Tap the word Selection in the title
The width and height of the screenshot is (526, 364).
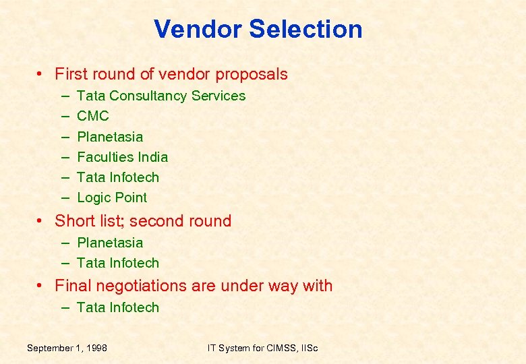coord(306,29)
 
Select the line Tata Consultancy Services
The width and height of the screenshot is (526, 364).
coord(161,96)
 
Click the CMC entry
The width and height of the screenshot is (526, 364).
coord(93,116)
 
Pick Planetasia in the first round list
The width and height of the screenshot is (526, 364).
coord(110,137)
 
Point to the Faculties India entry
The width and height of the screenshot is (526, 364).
coord(122,157)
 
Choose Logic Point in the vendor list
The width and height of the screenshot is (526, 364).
coord(112,198)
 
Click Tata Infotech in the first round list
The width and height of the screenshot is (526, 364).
coord(118,177)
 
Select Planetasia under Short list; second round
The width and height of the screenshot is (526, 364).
coord(110,243)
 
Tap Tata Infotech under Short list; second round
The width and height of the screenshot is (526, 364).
coord(118,263)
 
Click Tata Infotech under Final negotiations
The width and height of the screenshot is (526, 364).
coord(118,307)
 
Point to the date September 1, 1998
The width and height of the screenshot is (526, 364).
coord(67,348)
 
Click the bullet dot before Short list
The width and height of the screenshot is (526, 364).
coord(42,221)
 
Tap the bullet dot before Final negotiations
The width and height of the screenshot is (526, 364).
coord(42,286)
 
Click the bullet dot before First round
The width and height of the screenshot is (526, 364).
coord(42,74)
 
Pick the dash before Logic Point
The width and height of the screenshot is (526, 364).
coord(65,198)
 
